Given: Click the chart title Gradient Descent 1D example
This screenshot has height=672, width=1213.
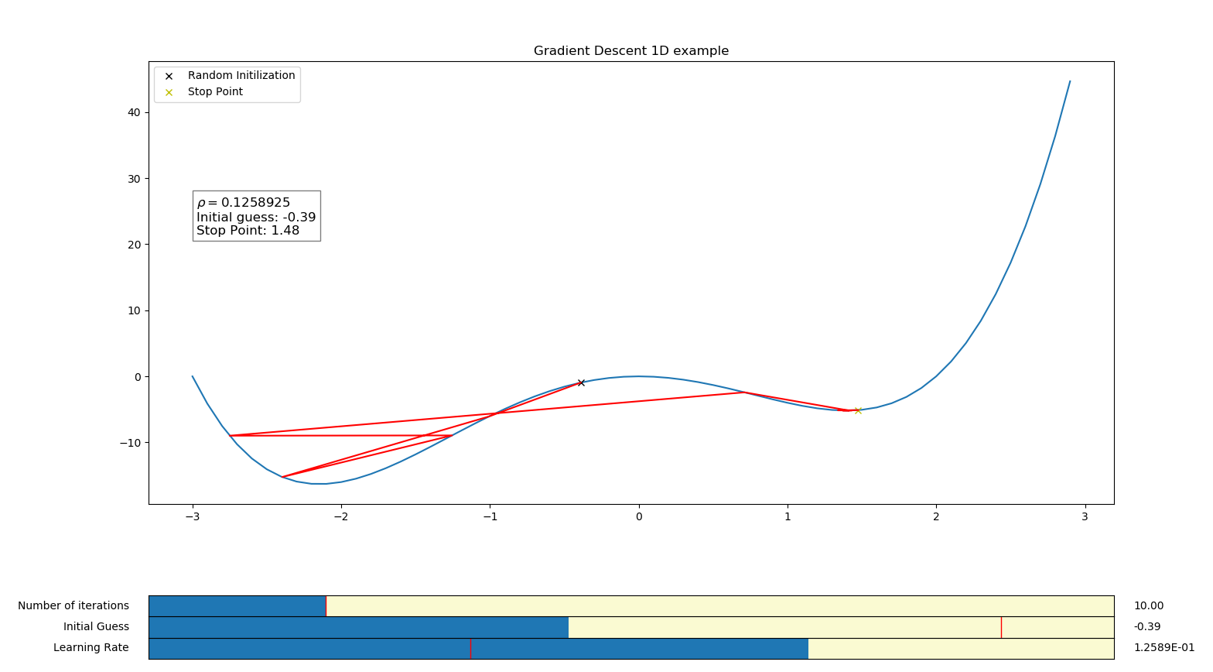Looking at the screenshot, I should click(x=630, y=51).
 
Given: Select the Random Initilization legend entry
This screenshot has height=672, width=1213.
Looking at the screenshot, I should click(x=241, y=76).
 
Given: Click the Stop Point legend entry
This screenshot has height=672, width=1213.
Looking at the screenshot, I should click(x=214, y=92).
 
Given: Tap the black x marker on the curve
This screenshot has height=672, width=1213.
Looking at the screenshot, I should click(x=581, y=382).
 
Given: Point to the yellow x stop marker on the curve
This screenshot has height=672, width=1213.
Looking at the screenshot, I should click(x=858, y=410).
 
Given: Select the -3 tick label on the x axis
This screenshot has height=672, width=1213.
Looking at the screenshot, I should click(x=192, y=517).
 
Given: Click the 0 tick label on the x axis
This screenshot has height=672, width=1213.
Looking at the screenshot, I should click(x=638, y=517).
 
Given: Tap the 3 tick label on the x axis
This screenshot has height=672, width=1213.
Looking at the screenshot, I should click(x=1085, y=517).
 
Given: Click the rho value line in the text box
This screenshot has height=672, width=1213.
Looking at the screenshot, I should click(x=244, y=203).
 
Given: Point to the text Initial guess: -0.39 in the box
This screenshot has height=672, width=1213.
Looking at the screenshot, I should click(x=256, y=218).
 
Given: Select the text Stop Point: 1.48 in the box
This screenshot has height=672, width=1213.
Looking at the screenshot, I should click(x=248, y=231).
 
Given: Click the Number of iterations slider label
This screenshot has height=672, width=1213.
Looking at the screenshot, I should click(x=73, y=606).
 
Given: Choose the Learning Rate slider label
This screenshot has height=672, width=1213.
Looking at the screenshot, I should click(x=91, y=648).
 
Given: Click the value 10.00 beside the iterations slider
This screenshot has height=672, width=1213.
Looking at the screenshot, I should click(x=1148, y=606).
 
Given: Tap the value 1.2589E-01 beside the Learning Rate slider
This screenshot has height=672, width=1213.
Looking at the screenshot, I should click(x=1163, y=648).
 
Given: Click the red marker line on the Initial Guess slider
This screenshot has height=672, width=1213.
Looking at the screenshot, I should click(x=1001, y=627).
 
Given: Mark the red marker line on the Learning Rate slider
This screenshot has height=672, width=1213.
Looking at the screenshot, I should click(x=470, y=649).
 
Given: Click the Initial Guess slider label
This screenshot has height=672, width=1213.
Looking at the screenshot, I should click(x=96, y=627).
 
